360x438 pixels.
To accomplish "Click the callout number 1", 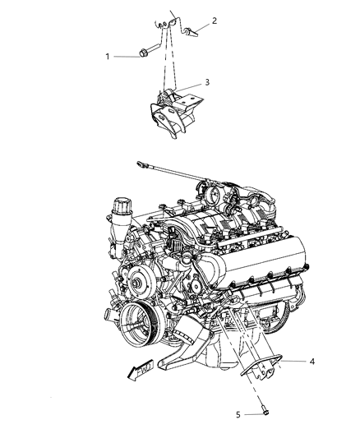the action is (x=107, y=57).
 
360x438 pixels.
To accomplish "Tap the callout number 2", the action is (x=215, y=21).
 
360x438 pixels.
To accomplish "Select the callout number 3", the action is (x=207, y=82).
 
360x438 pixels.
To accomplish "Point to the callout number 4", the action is (x=312, y=362).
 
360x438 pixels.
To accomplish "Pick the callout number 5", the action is (x=238, y=414).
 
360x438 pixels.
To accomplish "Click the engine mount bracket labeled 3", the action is (x=175, y=114).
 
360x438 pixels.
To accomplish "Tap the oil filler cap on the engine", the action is (x=122, y=205).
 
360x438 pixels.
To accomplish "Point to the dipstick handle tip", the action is (x=140, y=164).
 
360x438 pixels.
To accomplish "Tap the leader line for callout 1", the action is (x=127, y=57).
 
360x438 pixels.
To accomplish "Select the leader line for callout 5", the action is (x=253, y=414).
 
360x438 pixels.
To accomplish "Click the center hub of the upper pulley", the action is (x=136, y=283).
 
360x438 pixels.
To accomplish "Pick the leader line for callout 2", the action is (x=203, y=28).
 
